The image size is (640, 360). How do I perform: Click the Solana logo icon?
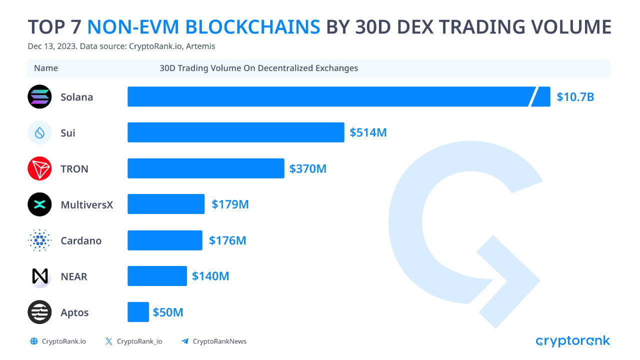(x=39, y=96)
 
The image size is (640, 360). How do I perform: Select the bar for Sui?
(x=235, y=132)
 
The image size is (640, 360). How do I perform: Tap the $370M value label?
(x=307, y=168)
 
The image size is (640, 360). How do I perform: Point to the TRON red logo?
(x=39, y=168)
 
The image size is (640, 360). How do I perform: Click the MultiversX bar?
(x=166, y=204)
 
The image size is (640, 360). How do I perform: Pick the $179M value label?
(x=230, y=204)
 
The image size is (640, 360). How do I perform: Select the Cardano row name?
(x=81, y=240)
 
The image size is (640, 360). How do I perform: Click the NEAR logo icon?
(x=39, y=276)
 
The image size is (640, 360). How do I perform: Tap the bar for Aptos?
(x=138, y=312)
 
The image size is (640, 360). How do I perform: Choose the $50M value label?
(x=168, y=312)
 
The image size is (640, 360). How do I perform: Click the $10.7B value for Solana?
(x=575, y=96)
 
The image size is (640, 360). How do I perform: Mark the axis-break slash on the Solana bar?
(x=533, y=96)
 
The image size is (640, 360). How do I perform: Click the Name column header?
(x=46, y=68)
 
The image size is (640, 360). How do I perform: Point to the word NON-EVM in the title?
(x=204, y=26)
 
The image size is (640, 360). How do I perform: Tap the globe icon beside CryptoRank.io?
(x=34, y=341)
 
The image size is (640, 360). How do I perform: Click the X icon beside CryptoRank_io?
(x=109, y=341)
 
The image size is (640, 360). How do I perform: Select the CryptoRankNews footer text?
(x=219, y=341)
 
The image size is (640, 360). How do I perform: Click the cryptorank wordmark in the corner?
(x=572, y=341)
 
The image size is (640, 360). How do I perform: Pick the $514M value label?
(x=368, y=132)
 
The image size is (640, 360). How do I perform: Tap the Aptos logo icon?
(x=39, y=312)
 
